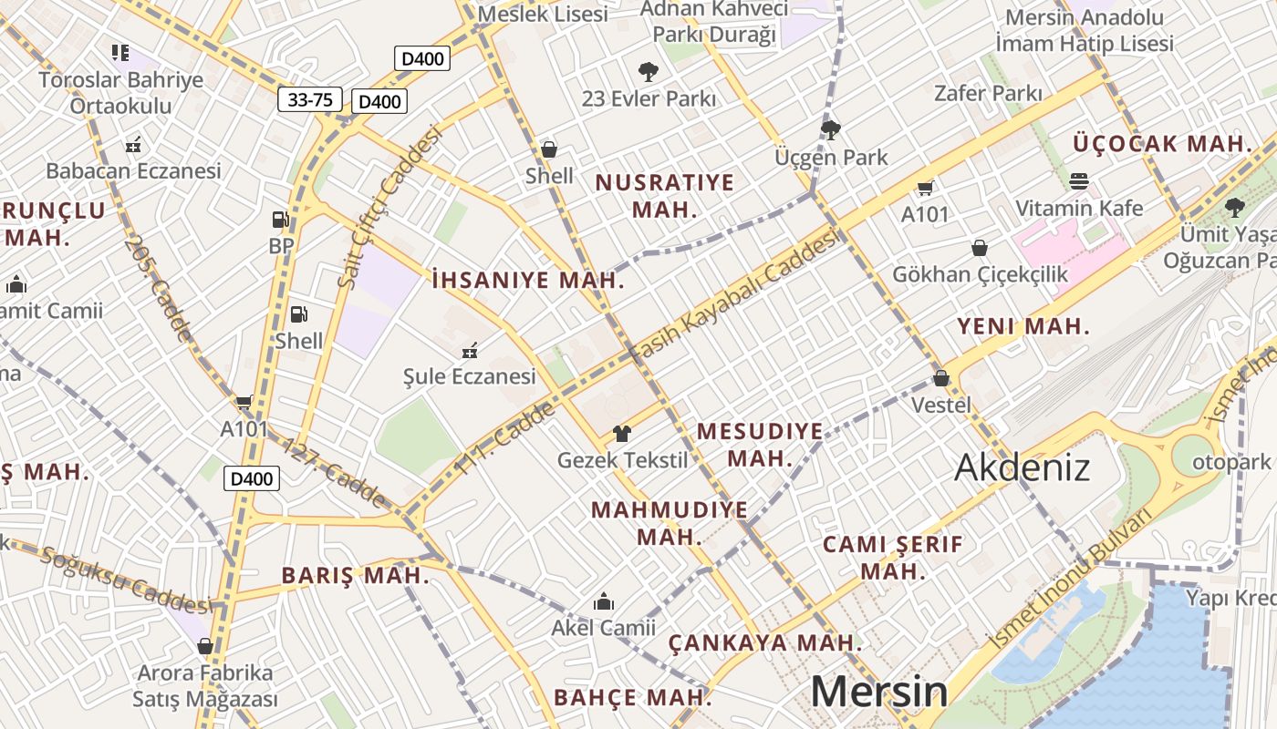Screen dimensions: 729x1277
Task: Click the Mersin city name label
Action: [878, 692]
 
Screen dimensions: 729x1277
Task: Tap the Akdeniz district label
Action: [1022, 467]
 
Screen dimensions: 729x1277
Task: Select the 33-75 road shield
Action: [310, 99]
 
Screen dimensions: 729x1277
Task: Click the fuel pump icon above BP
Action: [281, 220]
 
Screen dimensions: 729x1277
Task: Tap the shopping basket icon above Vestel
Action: [941, 377]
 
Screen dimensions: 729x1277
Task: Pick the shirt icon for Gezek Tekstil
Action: [622, 434]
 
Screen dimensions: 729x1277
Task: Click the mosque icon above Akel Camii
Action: [603, 601]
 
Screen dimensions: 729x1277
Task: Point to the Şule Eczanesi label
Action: [470, 376]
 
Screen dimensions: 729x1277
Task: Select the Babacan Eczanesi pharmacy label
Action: [133, 170]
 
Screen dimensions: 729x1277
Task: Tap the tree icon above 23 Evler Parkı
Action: [649, 71]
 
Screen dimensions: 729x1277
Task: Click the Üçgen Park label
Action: [831, 158]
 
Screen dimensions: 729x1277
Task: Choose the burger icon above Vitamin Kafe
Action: [1079, 180]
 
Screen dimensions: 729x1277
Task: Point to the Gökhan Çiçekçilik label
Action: [980, 274]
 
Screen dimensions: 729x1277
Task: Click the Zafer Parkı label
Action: [988, 93]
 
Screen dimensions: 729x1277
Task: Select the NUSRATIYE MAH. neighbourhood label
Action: [664, 195]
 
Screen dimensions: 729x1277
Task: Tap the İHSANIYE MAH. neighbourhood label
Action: [528, 280]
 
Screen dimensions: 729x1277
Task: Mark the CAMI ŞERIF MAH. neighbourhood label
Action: [893, 558]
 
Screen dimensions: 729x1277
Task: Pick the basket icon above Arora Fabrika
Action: [205, 646]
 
